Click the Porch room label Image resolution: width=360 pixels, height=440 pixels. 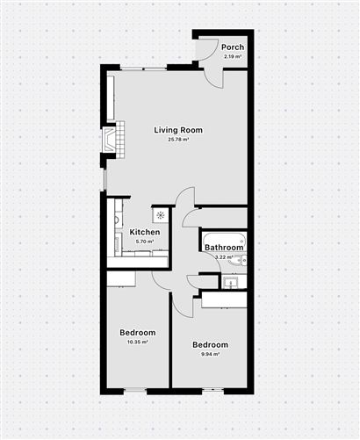tap(233, 47)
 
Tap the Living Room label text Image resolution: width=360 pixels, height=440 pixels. tap(178, 130)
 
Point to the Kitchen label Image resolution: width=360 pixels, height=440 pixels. tap(145, 232)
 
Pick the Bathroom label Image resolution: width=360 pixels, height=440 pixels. tap(223, 248)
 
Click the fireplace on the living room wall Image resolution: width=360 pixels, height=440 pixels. tap(110, 140)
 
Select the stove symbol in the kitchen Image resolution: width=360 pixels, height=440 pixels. tap(160, 215)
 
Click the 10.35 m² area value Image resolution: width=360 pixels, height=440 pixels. tap(137, 342)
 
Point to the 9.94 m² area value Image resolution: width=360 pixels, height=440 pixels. tap(211, 354)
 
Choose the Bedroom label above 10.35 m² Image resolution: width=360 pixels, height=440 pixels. tap(138, 333)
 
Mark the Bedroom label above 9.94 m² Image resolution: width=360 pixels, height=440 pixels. tap(211, 344)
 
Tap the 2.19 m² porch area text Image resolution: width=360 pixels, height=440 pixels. tap(233, 56)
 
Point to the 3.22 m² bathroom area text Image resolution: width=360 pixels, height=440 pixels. tap(224, 257)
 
